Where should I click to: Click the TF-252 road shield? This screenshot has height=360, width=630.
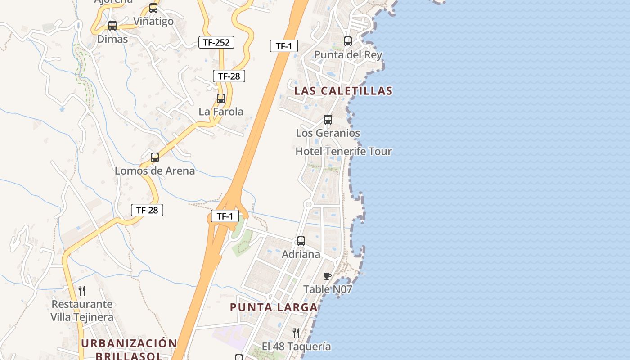pos(216,43)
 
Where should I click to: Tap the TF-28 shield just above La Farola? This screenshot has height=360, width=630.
pos(229,76)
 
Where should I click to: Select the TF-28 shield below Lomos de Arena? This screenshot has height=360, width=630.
pos(147,210)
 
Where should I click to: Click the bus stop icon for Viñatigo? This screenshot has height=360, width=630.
pos(153,8)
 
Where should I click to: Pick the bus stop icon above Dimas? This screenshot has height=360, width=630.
pos(112,26)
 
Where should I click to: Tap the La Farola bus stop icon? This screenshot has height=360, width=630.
pos(221,99)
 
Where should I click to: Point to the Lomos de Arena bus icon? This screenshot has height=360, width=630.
pos(155,157)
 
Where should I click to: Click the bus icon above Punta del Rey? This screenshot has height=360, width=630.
pos(348,41)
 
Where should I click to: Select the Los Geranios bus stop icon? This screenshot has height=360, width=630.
pos(328,120)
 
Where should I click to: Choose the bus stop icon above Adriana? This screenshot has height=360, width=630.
pos(301,241)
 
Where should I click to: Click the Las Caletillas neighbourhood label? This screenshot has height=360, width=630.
pos(343,91)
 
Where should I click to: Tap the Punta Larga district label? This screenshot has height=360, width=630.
pos(274,307)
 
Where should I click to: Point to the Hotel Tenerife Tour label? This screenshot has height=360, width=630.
pos(343,152)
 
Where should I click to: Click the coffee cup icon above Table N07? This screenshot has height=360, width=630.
pos(328,276)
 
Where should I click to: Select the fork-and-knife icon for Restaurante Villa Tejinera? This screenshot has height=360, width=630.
pos(82,291)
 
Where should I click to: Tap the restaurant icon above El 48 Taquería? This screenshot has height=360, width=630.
pos(296,333)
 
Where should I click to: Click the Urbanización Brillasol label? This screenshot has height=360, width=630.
pos(129,349)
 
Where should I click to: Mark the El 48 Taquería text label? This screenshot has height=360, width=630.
pos(297,346)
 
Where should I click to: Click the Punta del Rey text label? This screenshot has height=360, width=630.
pos(348,55)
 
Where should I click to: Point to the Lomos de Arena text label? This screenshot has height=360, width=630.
pos(155,171)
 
